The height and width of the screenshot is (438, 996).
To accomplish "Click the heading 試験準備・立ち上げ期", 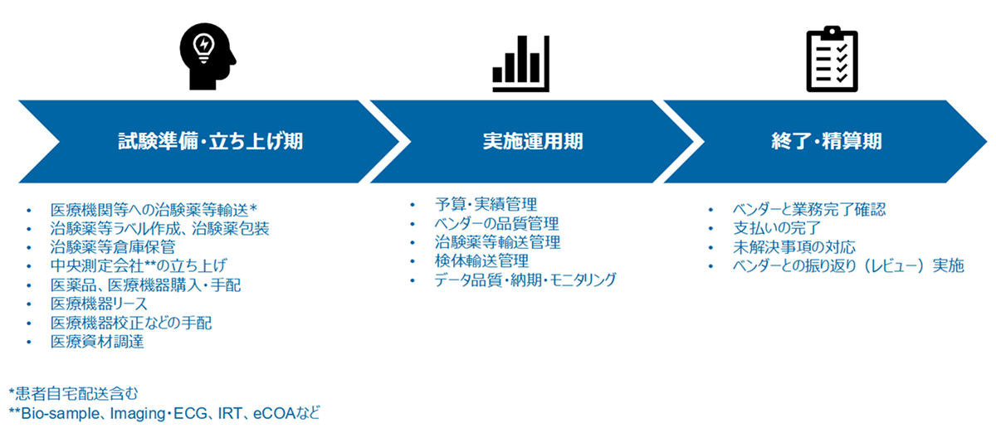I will [210, 142].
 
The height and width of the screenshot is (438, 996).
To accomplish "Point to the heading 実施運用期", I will [533, 142].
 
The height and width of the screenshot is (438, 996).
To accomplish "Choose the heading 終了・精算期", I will [826, 142].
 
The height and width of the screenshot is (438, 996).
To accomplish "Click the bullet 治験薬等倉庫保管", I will [112, 246].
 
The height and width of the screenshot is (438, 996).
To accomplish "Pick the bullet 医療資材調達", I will [97, 342].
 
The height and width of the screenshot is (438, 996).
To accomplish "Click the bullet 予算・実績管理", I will [486, 204].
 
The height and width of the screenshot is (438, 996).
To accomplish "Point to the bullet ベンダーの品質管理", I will [496, 223].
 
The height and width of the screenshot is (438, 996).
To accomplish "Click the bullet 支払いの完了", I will [777, 227].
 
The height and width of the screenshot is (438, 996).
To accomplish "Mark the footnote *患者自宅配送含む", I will [74, 392].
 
